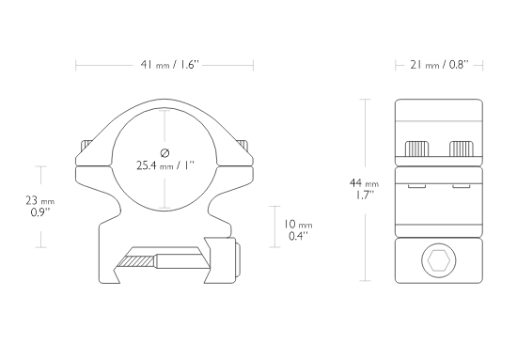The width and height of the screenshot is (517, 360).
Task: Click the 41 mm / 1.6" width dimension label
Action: point(170,65)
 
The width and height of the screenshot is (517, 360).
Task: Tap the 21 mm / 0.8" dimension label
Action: point(439,65)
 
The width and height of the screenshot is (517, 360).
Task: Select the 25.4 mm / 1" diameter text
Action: point(165,165)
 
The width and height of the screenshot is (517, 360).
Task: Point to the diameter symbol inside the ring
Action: point(164,152)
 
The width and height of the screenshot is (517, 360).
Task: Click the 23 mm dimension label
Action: point(39,200)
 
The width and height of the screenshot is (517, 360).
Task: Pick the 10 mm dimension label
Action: point(298,225)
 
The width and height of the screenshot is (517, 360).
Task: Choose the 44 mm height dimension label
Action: point(364,182)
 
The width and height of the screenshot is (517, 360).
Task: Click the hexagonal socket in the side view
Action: point(439,260)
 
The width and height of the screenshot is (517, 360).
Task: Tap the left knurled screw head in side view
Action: point(416,149)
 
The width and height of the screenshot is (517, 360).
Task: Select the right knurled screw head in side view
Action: point(462,149)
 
